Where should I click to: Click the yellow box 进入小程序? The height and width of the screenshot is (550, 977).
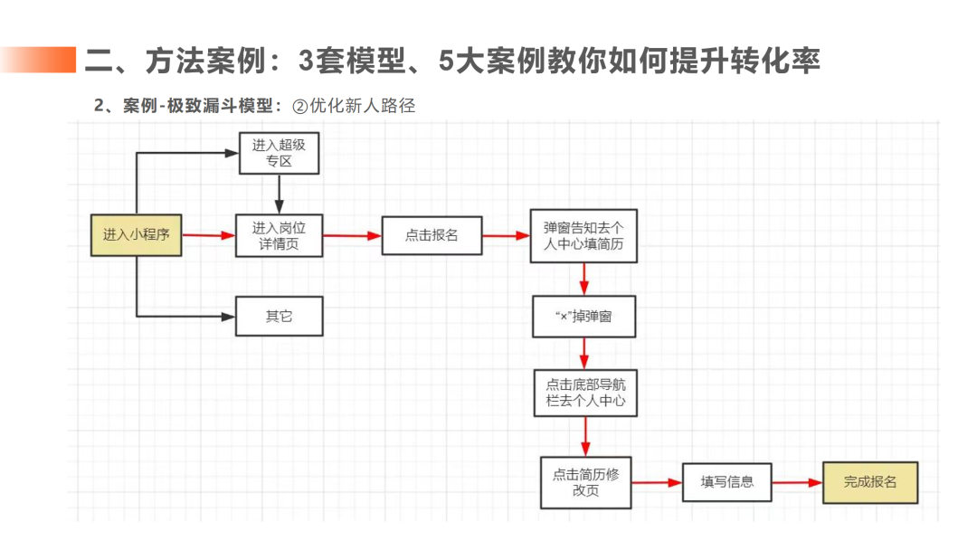136,235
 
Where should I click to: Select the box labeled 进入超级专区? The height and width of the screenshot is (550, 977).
279,153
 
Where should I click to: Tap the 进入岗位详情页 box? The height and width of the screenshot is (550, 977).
279,235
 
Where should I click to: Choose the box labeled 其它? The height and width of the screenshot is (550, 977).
279,317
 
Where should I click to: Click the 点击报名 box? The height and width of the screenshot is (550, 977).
432,235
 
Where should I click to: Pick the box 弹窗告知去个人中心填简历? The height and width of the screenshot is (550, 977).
583,236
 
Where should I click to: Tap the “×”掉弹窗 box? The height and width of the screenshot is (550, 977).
583,316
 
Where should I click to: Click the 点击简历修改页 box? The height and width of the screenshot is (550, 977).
585,482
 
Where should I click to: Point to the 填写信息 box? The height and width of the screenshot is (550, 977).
726,482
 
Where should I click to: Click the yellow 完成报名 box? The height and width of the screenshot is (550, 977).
869,482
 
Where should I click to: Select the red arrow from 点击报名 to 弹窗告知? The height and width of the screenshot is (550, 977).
506,235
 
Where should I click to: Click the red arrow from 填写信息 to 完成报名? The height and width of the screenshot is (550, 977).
797,482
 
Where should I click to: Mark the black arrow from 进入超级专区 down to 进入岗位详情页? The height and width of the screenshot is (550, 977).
279,194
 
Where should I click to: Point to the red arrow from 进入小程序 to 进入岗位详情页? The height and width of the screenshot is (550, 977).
208,235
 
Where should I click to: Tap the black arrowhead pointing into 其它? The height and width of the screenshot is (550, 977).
229,317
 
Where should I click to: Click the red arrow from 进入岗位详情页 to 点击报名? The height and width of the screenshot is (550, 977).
352,235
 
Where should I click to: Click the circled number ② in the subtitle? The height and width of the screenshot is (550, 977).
300,106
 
